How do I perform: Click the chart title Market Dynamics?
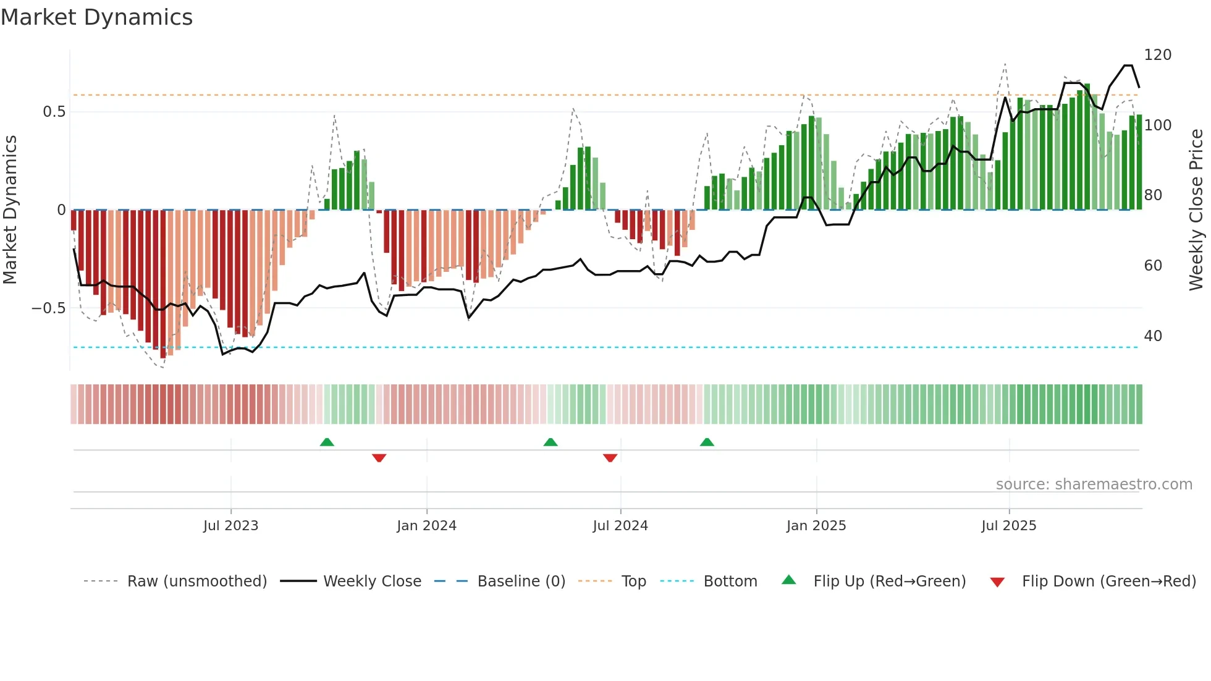[x=96, y=17]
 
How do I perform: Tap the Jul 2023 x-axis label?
[x=230, y=526]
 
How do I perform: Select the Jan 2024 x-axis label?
[x=426, y=526]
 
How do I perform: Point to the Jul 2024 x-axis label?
[x=620, y=526]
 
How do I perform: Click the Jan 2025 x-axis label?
[x=816, y=526]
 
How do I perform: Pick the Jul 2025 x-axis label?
[x=1009, y=526]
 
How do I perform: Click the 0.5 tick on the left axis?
[x=54, y=112]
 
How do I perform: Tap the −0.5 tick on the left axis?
[x=49, y=308]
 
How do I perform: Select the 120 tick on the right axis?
[x=1157, y=55]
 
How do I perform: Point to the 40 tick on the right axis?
[x=1153, y=336]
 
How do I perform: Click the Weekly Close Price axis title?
[x=1196, y=210]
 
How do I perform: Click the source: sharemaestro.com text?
[x=1094, y=484]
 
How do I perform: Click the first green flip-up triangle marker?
[x=327, y=442]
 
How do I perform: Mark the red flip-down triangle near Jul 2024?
[x=610, y=458]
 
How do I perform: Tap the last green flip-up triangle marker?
[x=707, y=442]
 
